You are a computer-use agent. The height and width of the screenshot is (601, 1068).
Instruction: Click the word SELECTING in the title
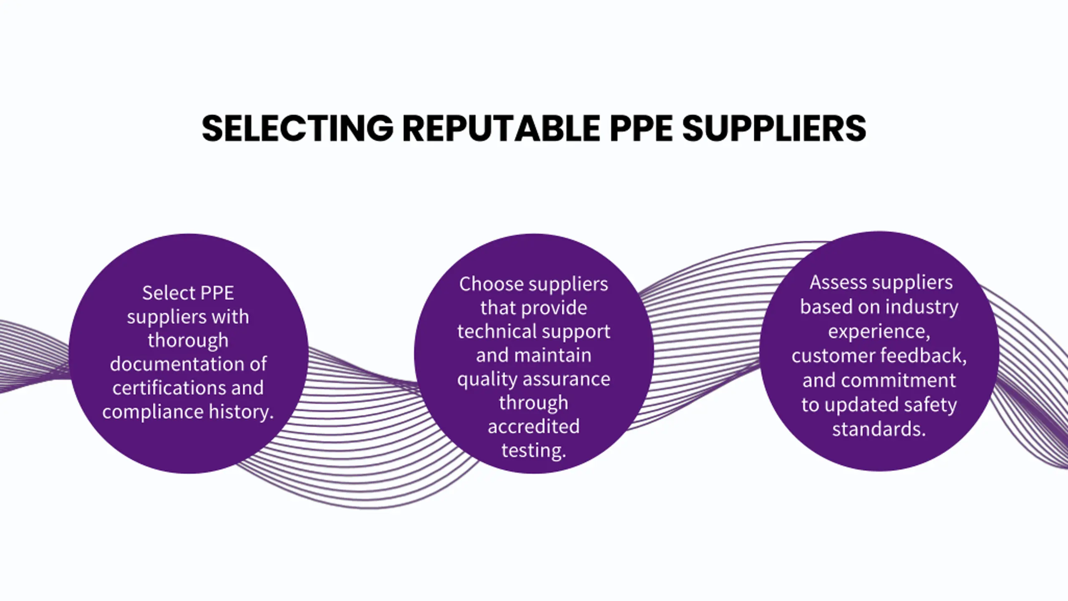297,128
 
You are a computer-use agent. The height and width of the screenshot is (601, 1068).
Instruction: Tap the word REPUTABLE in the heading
501,128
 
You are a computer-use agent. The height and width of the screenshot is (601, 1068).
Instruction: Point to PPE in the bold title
641,128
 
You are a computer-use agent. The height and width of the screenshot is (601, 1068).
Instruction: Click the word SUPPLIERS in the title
774,128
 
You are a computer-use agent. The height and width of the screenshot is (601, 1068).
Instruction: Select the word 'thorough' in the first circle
188,341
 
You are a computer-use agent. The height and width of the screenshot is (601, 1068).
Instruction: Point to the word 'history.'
241,412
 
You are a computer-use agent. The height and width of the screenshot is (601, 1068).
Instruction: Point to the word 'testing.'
534,451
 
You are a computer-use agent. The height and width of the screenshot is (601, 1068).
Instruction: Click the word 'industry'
922,307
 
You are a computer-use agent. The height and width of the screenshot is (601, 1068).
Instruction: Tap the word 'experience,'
879,331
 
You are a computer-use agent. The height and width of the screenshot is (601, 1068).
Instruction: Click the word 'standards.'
879,429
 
